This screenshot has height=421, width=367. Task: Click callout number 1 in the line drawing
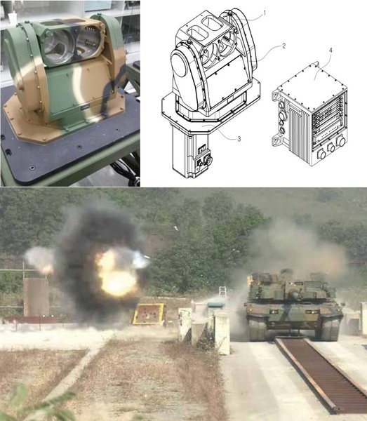(265, 13)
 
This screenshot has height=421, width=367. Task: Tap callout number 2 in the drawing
(283, 46)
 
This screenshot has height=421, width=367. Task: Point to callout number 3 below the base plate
(239, 139)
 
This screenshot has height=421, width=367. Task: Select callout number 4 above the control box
(331, 51)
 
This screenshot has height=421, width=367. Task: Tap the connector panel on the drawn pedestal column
(203, 159)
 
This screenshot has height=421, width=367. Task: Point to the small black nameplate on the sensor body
(86, 108)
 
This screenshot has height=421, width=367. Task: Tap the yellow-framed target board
(149, 314)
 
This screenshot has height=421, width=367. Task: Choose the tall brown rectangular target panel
(36, 298)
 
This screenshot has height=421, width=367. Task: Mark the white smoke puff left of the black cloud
(39, 260)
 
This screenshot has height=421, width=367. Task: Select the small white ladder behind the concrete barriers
(223, 290)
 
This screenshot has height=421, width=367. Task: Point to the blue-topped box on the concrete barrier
(217, 305)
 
